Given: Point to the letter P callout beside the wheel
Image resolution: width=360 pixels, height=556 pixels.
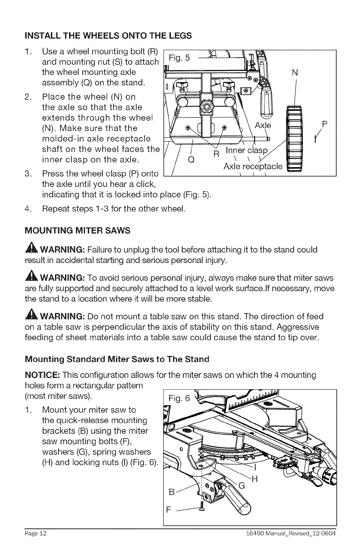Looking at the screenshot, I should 324,124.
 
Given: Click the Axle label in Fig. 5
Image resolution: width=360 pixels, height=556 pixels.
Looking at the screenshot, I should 263,125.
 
